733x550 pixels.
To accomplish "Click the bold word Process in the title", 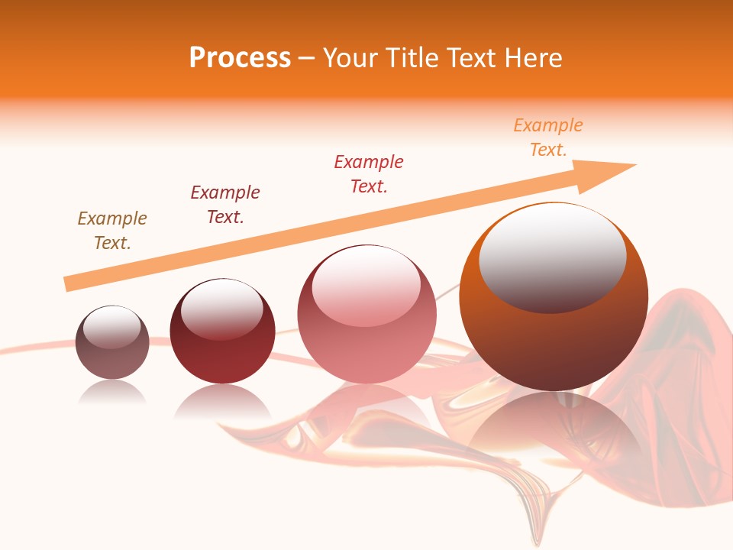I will pyautogui.click(x=240, y=58).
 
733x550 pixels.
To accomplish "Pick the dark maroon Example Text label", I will pyautogui.click(x=225, y=205).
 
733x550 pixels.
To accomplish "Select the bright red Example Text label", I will pyautogui.click(x=369, y=174).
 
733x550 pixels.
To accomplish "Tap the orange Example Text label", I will pyautogui.click(x=547, y=137).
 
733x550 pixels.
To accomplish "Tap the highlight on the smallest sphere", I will pyautogui.click(x=112, y=327).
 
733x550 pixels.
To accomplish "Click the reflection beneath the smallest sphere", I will pyautogui.click(x=112, y=393).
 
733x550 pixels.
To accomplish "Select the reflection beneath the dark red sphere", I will pyautogui.click(x=222, y=401).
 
